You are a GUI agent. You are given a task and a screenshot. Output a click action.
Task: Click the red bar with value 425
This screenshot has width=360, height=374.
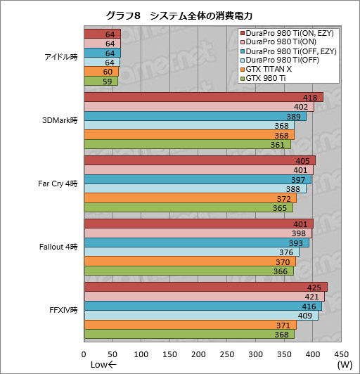click(x=205, y=287)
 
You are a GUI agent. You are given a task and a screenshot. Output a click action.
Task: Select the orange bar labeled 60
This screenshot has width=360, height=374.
click(x=101, y=72)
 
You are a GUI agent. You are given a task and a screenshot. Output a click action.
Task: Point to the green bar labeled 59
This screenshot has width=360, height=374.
click(x=101, y=81)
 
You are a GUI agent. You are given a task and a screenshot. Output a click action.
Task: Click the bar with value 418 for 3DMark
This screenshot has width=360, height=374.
click(x=203, y=98)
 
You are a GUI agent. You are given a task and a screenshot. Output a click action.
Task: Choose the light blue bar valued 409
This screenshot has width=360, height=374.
click(x=201, y=316)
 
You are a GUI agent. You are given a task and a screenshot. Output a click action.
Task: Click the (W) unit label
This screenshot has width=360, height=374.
click(x=345, y=365)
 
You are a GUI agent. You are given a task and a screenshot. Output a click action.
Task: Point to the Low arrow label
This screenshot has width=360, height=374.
click(x=103, y=365)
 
